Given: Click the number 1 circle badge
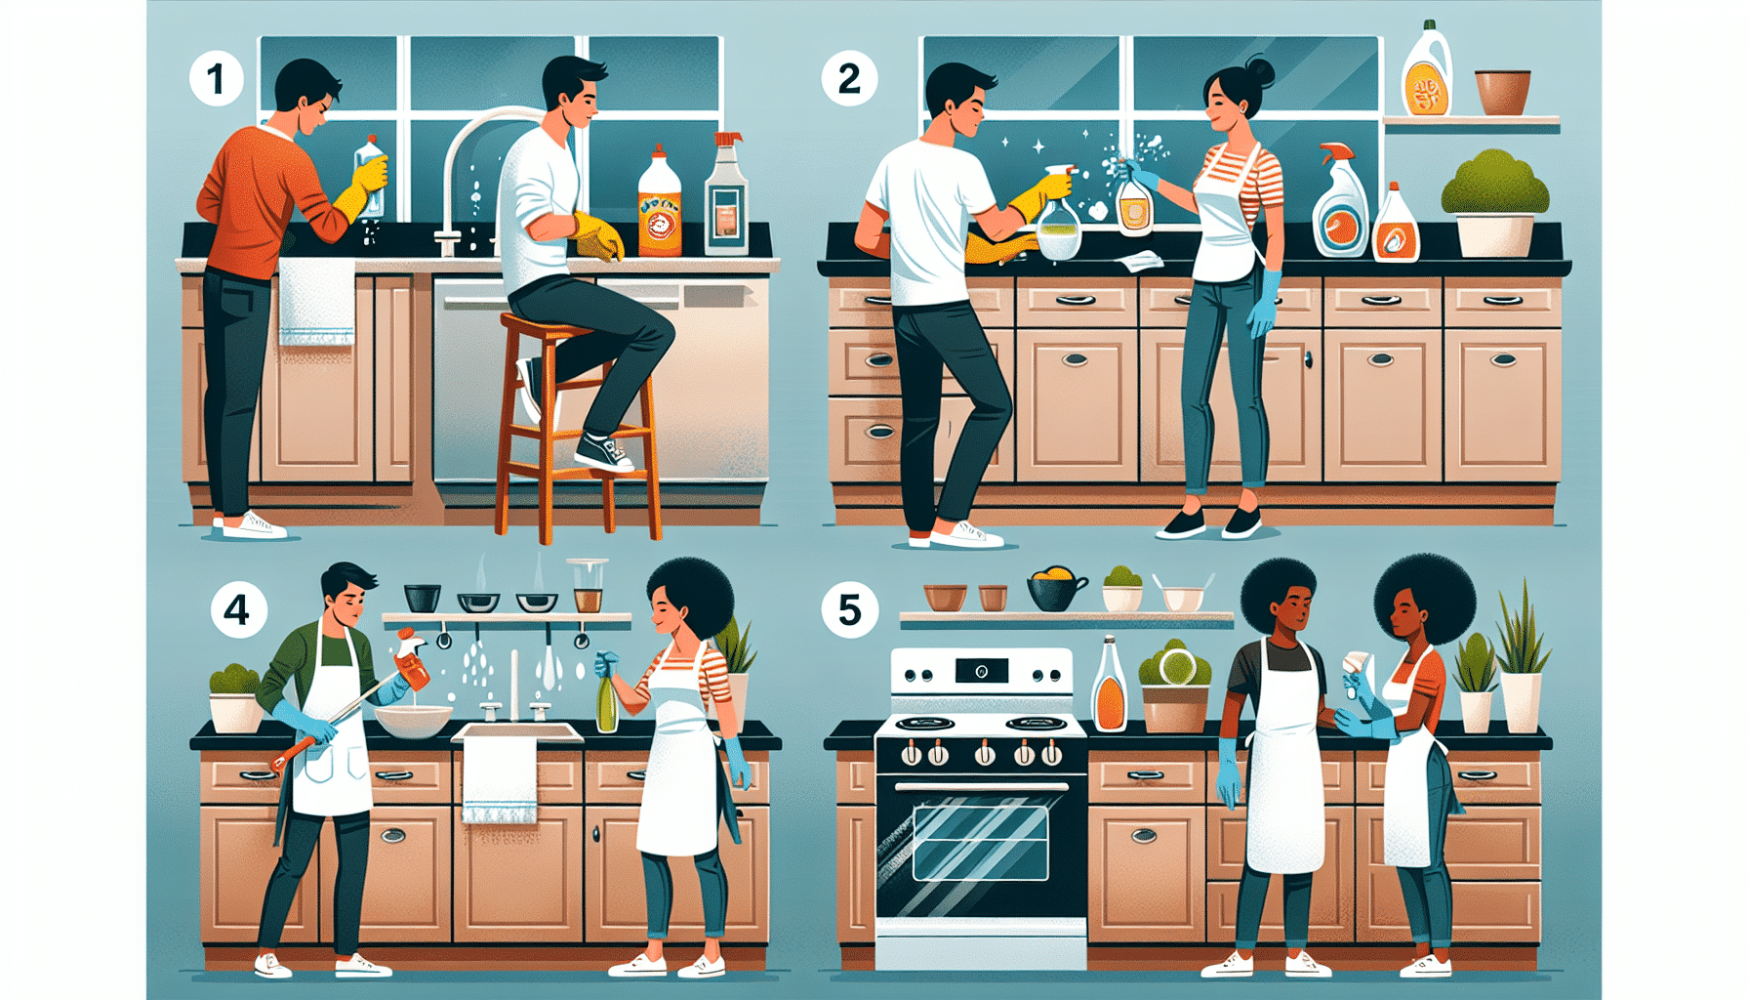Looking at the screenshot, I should point(216,79).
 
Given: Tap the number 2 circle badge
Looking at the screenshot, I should point(848,79).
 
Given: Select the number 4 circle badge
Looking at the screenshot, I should point(238,610).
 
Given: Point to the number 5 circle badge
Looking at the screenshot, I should point(849,610).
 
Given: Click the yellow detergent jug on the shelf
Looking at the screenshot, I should point(1427,74).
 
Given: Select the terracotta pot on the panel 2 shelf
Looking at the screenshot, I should point(1502,92).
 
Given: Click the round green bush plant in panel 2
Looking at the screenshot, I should point(1494,184).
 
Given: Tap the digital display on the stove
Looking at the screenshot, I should point(982,671).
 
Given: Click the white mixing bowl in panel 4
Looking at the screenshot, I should point(413,721).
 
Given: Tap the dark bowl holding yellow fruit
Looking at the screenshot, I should point(1055,592).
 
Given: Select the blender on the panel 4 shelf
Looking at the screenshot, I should point(587,585).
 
